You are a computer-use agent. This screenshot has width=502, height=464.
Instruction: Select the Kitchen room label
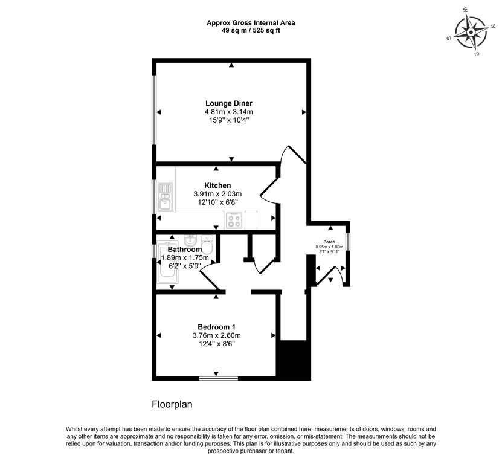(x=217, y=185)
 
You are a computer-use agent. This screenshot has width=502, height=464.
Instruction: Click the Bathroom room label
(x=185, y=249)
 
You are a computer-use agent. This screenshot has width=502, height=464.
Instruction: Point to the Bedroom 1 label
(x=216, y=327)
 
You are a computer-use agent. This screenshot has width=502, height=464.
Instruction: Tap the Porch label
(x=329, y=241)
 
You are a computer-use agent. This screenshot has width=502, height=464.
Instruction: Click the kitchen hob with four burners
(x=234, y=221)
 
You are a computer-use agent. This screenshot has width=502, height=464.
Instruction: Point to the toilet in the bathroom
(x=207, y=245)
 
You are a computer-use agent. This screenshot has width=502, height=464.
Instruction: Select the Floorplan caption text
(x=172, y=404)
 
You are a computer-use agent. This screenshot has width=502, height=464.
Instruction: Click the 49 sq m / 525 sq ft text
(x=251, y=30)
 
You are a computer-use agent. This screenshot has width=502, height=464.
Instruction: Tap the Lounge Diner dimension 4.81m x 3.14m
(x=228, y=112)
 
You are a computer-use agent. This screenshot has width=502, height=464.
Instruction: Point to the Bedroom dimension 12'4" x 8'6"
(x=216, y=344)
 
